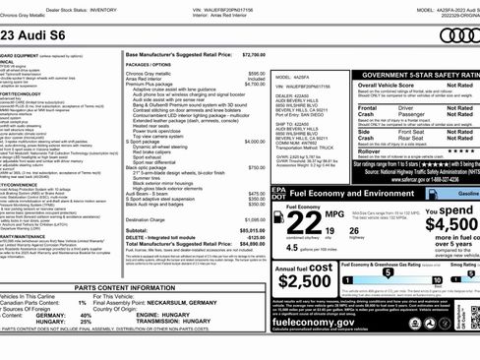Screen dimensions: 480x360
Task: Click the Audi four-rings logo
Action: [458, 35]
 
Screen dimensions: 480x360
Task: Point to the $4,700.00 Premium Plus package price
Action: [254, 85]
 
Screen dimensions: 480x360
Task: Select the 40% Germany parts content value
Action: [73, 315]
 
